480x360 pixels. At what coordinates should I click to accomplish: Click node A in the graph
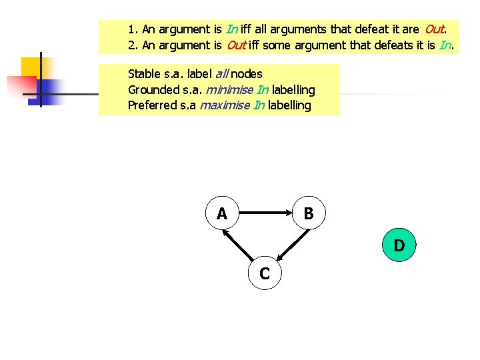(222, 213)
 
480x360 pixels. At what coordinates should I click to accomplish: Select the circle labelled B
(309, 213)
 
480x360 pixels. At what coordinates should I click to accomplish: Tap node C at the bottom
(265, 273)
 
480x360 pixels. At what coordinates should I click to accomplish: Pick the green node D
(399, 245)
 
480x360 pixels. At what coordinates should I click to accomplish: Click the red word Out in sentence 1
(434, 29)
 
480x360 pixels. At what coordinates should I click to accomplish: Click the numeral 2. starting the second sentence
(133, 45)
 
